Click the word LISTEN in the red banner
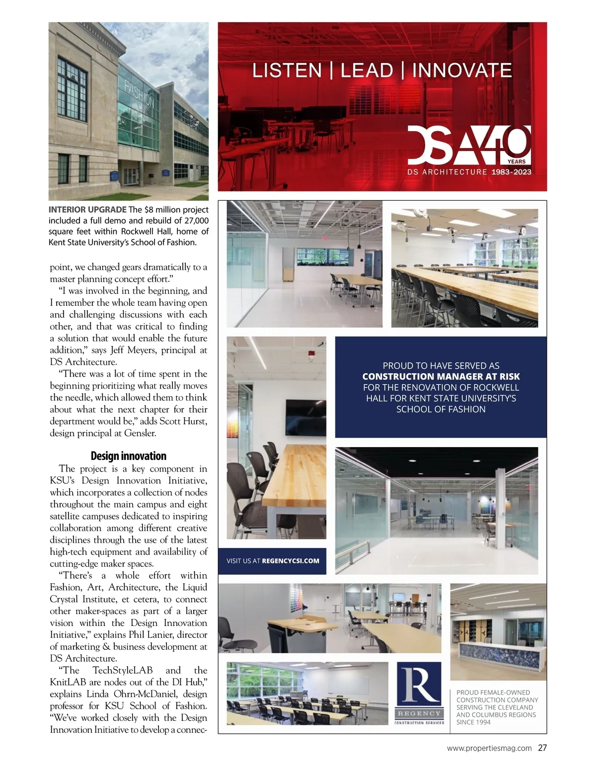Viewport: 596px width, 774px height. coord(287,71)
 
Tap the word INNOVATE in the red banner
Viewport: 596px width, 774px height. coord(462,71)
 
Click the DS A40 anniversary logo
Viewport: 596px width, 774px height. coord(469,145)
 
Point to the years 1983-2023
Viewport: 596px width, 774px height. coord(511,172)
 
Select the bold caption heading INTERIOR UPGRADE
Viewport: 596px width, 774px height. coord(87,210)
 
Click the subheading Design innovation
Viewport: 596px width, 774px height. coord(129,456)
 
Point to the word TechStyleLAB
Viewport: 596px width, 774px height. coord(123,671)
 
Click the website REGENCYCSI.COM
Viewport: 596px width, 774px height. coord(290,561)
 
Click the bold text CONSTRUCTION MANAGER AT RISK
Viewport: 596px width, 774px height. coord(441,377)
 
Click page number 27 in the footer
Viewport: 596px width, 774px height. coord(542,748)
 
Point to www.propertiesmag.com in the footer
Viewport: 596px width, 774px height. coord(489,748)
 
